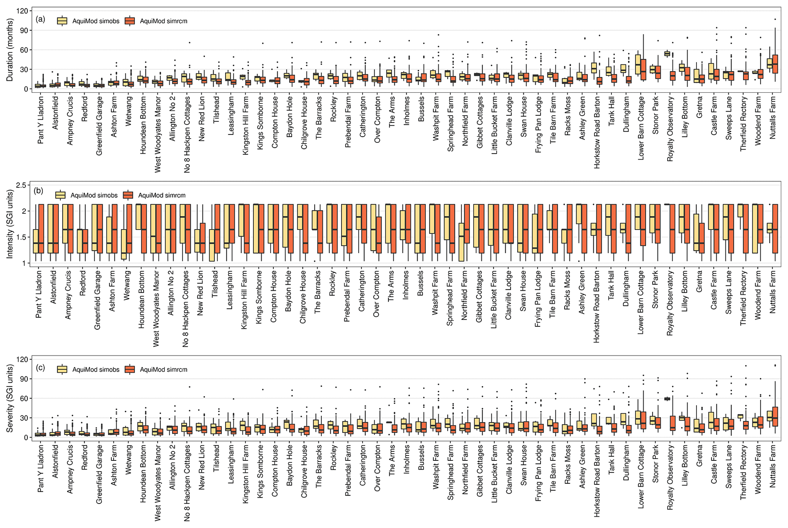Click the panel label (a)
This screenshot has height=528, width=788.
tap(40, 19)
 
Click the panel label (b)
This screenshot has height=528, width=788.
tap(39, 191)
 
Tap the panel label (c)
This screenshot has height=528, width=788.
tap(40, 368)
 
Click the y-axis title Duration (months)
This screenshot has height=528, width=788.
tap(10, 50)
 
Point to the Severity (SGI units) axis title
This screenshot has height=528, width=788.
tap(10, 398)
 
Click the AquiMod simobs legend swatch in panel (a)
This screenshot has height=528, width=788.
tap(62, 21)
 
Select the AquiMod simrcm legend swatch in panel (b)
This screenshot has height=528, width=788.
tap(128, 195)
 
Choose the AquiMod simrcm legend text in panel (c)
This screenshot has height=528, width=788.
tap(164, 370)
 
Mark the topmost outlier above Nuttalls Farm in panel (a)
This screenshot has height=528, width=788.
tap(775, 19)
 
